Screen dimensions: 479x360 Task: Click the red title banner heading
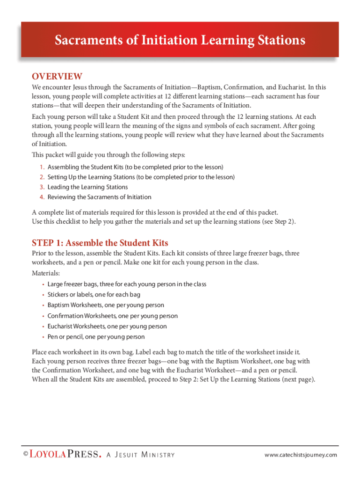[x=180, y=40]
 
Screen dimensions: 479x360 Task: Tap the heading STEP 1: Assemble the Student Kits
[x=100, y=243]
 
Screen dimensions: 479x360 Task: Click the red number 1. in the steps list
[x=42, y=167]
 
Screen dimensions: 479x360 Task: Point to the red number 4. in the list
[x=42, y=197]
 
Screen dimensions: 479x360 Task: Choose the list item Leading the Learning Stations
[x=87, y=187]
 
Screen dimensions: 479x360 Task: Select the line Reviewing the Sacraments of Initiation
[x=99, y=197]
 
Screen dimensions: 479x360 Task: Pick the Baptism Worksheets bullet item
[x=106, y=305]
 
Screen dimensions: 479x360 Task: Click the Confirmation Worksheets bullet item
[x=112, y=316]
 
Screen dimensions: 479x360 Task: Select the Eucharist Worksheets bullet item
[x=107, y=327]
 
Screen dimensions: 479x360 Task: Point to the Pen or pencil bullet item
[x=96, y=337]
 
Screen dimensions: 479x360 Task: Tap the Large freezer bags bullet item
[x=127, y=284]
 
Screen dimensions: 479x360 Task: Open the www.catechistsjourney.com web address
[x=300, y=455]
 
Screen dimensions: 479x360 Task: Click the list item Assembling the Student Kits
[x=135, y=167]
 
